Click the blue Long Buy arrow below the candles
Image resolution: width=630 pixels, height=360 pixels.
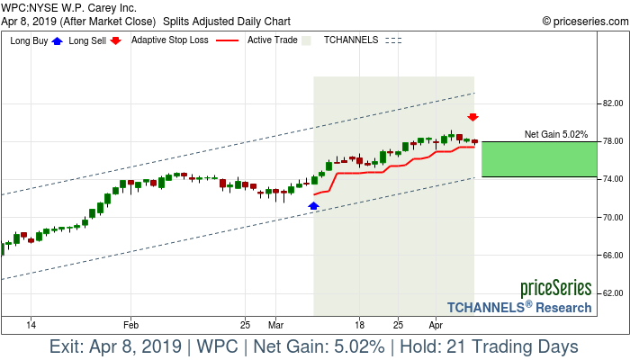click(313, 206)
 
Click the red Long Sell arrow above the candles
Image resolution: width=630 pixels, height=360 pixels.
click(472, 118)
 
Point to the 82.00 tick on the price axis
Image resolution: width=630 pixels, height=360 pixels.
click(614, 103)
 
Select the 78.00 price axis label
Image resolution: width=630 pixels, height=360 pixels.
click(614, 141)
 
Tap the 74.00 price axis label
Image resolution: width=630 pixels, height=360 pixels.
click(614, 179)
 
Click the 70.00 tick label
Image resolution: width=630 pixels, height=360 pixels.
click(614, 217)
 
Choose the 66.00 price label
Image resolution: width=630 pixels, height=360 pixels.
click(614, 255)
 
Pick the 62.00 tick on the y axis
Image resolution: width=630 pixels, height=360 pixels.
click(614, 292)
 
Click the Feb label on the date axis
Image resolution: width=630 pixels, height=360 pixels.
click(130, 323)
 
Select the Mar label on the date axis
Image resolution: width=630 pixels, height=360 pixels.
click(274, 323)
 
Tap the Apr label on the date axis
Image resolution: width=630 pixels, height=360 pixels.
click(436, 323)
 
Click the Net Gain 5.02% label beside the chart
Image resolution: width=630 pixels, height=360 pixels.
click(555, 134)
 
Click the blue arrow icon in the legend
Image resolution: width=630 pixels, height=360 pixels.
click(58, 40)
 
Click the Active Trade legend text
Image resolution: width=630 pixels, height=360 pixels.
click(272, 40)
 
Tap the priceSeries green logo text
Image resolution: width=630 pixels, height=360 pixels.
click(555, 289)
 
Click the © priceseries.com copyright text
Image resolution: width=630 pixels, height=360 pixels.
click(583, 20)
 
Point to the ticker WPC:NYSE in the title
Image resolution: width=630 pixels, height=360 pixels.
click(32, 7)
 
